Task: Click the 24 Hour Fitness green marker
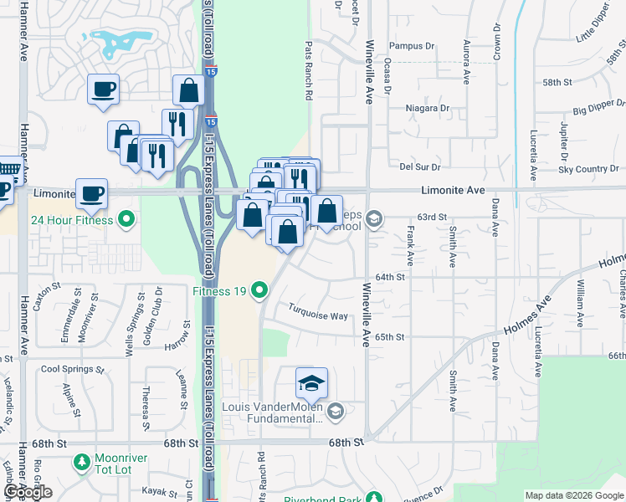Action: point(126,221)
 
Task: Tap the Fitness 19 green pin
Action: point(259,291)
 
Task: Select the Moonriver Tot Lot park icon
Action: point(81,461)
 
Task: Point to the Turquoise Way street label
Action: point(317,316)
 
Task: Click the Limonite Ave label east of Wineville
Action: point(454,191)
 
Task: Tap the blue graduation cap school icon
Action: point(311,383)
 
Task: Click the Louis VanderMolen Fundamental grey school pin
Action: point(335,410)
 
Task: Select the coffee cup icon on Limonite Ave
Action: point(91,193)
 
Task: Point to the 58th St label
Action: point(556,83)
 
